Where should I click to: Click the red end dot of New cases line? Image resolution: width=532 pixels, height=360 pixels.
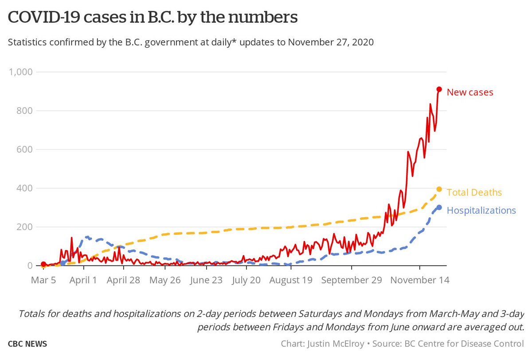tap(439, 90)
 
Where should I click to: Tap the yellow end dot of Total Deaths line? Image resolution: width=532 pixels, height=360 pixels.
tap(439, 189)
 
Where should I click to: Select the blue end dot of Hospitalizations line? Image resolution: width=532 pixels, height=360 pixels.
tap(439, 207)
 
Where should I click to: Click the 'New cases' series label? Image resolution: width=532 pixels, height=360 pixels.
tap(469, 92)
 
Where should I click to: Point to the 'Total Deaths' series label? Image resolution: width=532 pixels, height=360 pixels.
tap(474, 192)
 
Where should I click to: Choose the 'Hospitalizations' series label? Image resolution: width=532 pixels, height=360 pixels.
tap(481, 210)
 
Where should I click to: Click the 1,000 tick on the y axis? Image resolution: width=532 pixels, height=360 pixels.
tap(23, 72)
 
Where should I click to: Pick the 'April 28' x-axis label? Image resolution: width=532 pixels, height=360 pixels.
tap(124, 280)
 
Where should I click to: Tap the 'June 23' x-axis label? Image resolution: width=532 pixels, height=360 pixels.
tap(206, 280)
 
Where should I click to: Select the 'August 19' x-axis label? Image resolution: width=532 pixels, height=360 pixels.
tap(291, 280)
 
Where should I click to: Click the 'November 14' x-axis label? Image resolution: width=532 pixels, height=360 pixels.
tap(420, 280)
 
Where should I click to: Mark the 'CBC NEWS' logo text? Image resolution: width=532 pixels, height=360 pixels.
tap(27, 344)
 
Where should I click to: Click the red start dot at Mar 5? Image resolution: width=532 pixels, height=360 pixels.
tap(43, 264)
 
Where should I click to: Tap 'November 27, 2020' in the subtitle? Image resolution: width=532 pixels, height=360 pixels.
tap(331, 43)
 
